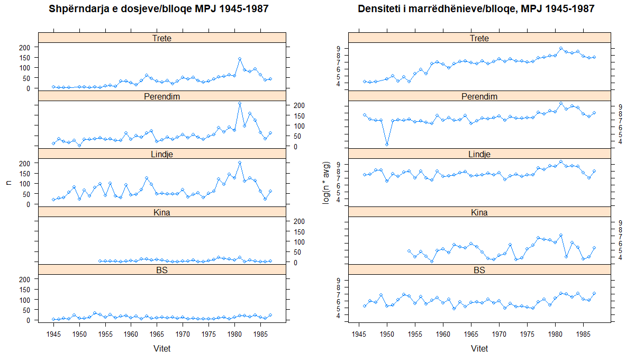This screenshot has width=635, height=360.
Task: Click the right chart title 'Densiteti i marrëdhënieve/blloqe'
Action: click(476, 9)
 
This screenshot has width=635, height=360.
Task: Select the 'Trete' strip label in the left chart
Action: click(161, 38)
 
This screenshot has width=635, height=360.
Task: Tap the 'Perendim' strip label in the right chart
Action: click(479, 96)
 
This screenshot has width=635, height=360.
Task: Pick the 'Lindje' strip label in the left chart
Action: click(161, 154)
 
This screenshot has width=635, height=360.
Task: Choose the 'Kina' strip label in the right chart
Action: click(479, 212)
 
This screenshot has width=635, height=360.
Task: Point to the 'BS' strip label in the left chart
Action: click(161, 270)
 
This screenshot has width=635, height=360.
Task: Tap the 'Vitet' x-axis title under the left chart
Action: click(161, 349)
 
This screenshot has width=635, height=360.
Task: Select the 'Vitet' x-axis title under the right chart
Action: click(479, 349)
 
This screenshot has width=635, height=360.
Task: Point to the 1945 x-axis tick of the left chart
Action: click(53, 335)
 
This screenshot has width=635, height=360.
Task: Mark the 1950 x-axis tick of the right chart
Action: click(387, 335)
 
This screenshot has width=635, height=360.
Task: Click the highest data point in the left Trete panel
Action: click(240, 59)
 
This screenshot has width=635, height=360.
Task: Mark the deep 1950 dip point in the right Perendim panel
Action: click(387, 144)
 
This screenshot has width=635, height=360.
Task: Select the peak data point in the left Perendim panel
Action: click(240, 104)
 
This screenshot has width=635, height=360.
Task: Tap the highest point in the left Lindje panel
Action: click(240, 163)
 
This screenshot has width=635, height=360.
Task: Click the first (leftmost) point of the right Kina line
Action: click(409, 251)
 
